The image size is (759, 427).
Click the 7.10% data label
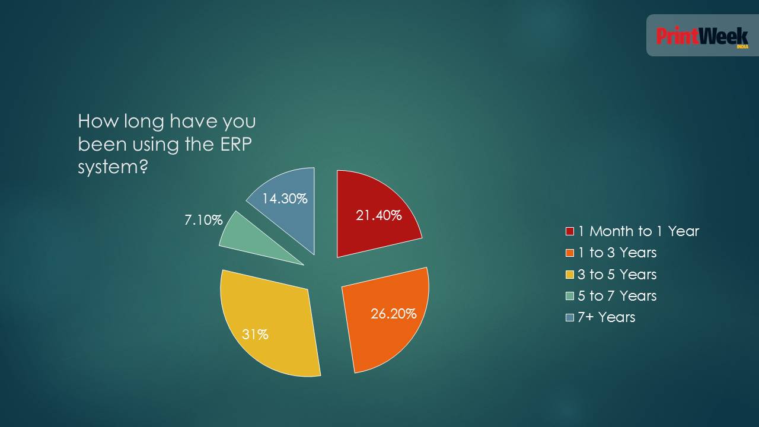point(203,220)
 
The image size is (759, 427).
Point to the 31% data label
point(255,334)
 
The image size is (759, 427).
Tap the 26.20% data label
point(394,314)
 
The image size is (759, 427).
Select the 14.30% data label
point(285,199)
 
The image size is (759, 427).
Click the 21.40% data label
point(379,215)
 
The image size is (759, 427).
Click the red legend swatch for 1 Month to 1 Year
point(570,231)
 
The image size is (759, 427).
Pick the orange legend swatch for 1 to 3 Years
point(570,253)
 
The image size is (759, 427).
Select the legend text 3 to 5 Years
point(617,275)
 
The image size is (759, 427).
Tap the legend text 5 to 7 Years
point(617,296)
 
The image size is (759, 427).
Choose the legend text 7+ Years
point(607,317)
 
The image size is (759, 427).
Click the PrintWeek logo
point(702,36)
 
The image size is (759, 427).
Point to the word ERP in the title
point(236,144)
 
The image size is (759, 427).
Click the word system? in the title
point(113,167)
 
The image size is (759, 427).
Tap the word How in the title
point(98,121)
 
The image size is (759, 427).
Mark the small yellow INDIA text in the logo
point(742,47)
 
